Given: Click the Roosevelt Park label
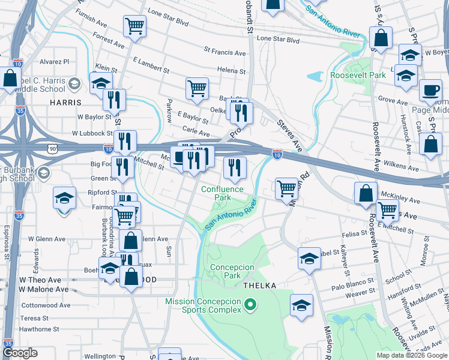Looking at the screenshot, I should click(x=358, y=76).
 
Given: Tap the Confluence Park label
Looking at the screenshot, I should click(x=223, y=193).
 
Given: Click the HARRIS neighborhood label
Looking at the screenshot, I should click(x=65, y=103).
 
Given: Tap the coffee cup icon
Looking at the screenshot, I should click(x=430, y=91).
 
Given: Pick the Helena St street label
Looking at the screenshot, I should click(x=232, y=70).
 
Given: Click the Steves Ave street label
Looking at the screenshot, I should click(x=289, y=135).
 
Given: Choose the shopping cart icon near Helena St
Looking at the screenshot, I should click(x=197, y=89).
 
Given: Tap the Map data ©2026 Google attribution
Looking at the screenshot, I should click(x=411, y=355).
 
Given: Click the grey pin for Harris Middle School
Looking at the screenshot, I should click(x=75, y=82).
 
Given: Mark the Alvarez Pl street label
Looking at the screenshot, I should click(x=55, y=61).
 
